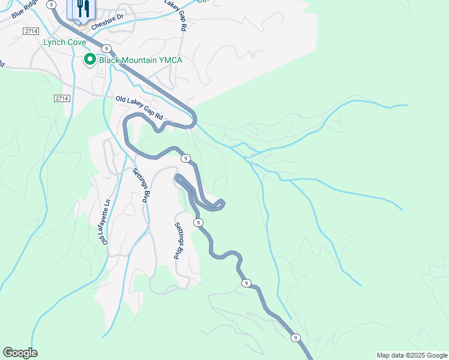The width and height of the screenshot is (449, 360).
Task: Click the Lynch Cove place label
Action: [64, 43]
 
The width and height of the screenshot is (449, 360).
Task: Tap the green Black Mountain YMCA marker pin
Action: [89, 59]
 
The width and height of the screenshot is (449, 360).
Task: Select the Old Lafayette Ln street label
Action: [106, 222]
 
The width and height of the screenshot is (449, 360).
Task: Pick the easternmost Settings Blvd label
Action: [178, 241]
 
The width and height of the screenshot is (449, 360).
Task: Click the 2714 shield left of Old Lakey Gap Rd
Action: [62, 98]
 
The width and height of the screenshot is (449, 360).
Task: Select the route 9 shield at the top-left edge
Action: [52, 4]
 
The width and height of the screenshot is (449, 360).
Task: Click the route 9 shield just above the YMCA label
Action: [106, 48]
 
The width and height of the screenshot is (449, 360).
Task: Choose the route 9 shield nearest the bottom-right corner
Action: [295, 338]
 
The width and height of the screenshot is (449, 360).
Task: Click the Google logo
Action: [20, 353]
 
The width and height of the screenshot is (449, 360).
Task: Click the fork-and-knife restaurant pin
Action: [83, 9]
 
